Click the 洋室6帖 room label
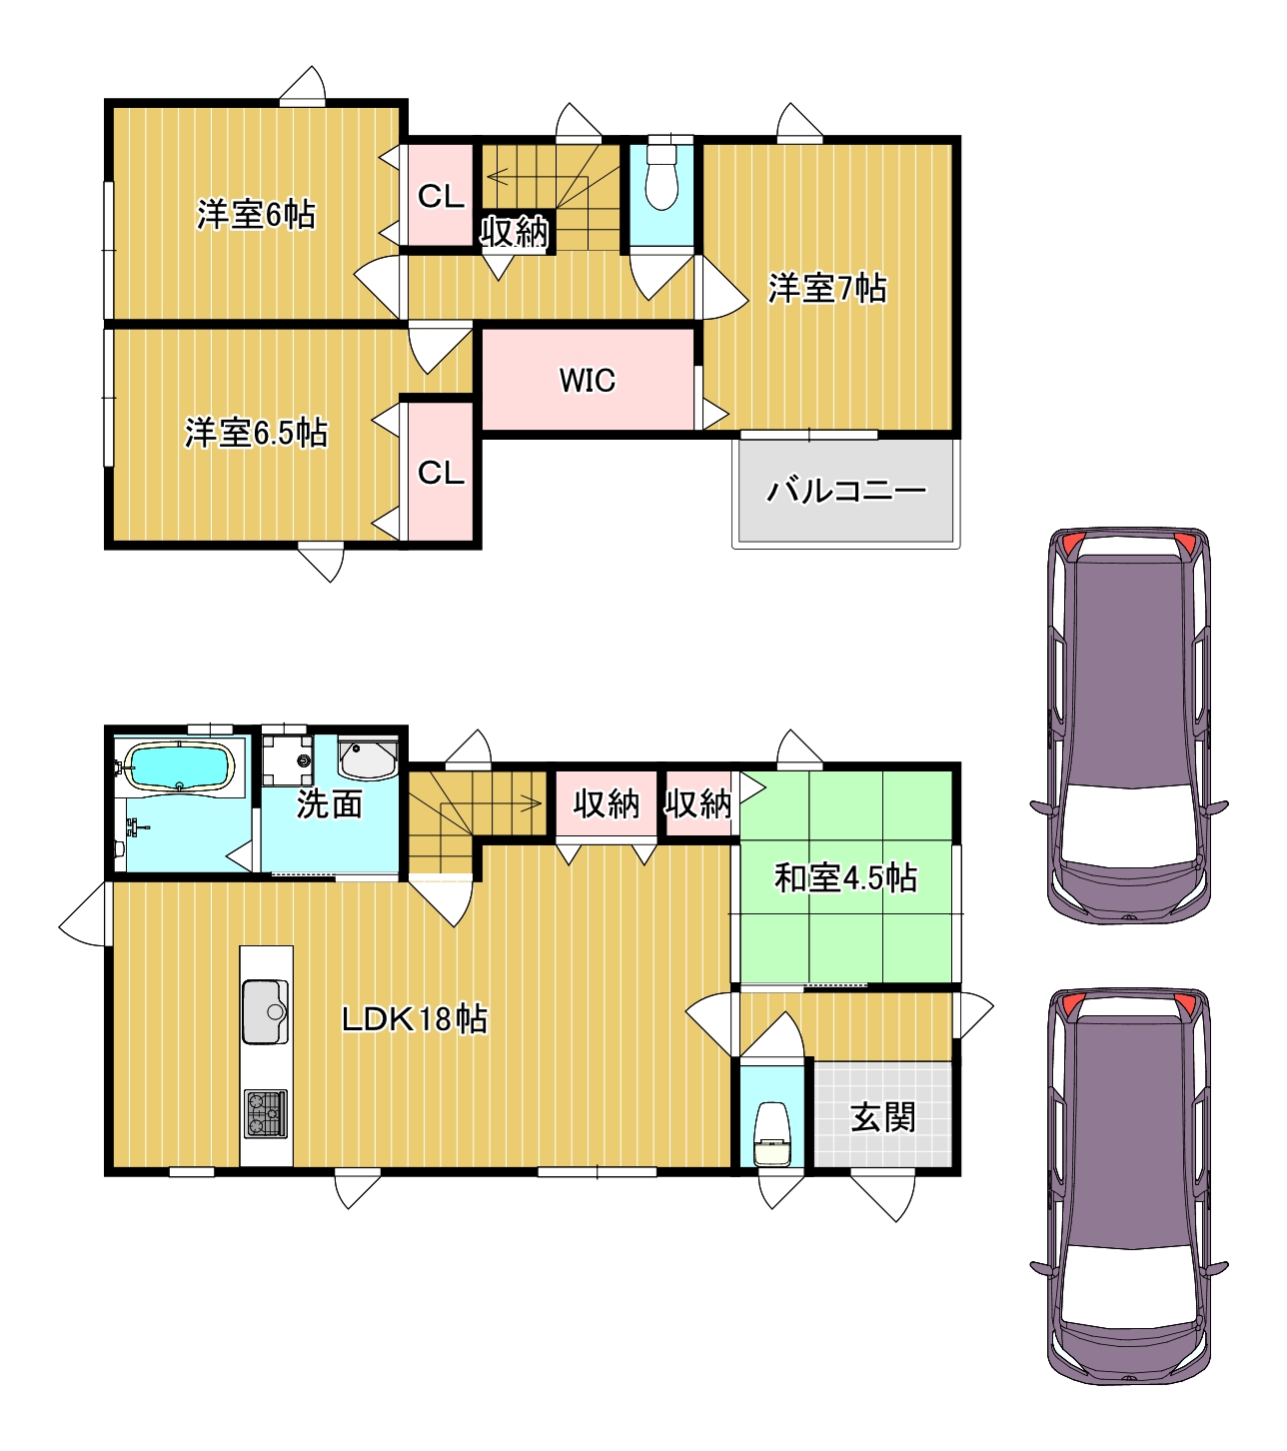[x=256, y=214]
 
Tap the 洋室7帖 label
[x=827, y=288]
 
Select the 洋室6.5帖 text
[x=256, y=433]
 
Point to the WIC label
[x=587, y=381]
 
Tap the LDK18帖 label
[x=414, y=1018]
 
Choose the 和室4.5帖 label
[x=845, y=877]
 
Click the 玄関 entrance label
[x=883, y=1116]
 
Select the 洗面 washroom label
[x=330, y=803]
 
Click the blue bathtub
[x=179, y=767]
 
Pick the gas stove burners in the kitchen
[x=266, y=1113]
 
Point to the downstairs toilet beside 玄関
[x=772, y=1134]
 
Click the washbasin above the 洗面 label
[x=368, y=759]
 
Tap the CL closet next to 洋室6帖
[x=441, y=196]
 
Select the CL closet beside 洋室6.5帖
[x=441, y=473]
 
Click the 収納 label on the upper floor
[x=514, y=231]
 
